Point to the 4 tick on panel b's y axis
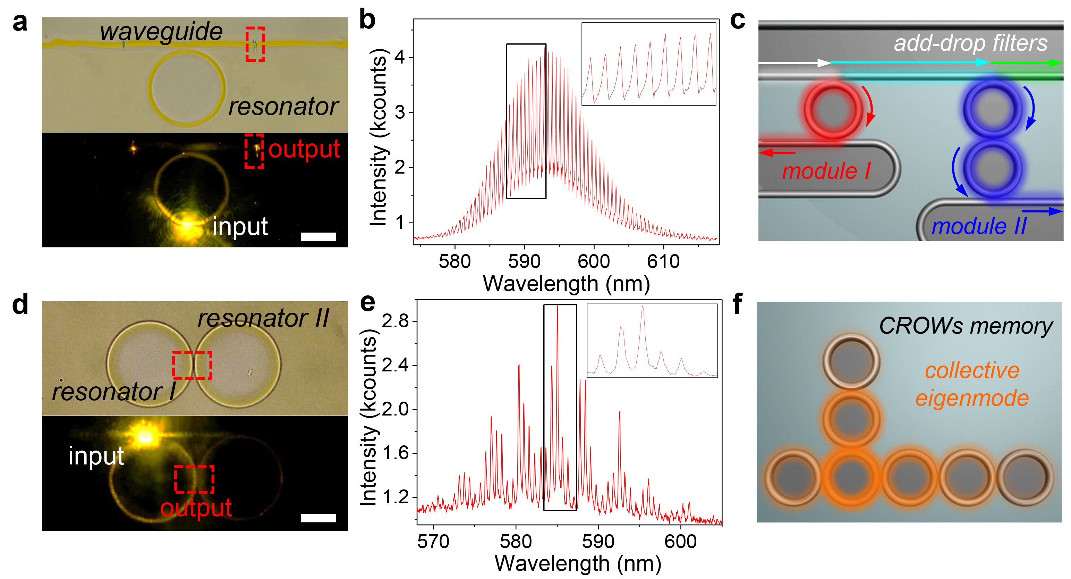coord(400,57)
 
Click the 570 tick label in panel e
coord(433,542)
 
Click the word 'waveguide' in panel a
coord(161,32)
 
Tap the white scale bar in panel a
coord(318,237)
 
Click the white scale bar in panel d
coord(318,518)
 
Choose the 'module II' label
coord(979,226)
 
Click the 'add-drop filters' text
coord(970,43)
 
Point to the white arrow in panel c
coord(794,63)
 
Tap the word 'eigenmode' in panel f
coord(972,398)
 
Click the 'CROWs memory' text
coord(966,326)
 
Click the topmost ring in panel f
coord(851,361)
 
